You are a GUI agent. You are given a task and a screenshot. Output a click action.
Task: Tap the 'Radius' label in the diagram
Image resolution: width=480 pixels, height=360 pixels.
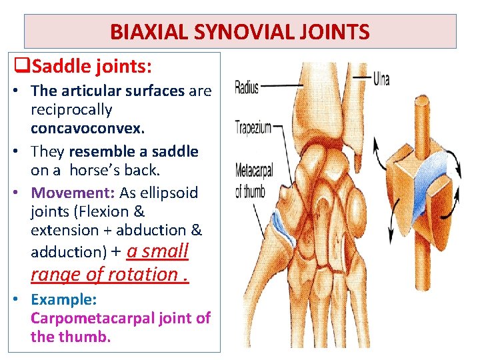point(247,87)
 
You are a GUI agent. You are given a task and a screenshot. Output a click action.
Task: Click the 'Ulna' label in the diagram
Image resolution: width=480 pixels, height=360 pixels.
point(381,80)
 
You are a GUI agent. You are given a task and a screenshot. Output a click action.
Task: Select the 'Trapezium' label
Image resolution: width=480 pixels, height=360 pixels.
point(253,127)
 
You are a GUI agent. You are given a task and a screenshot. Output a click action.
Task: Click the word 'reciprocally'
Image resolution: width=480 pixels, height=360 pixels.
point(71,109)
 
